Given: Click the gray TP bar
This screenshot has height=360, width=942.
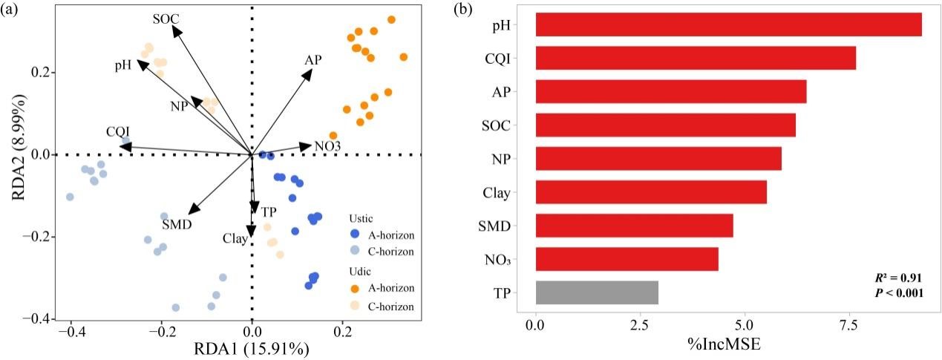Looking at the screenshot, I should pyautogui.click(x=596, y=292).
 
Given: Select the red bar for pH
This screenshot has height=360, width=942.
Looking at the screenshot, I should pyautogui.click(x=727, y=24).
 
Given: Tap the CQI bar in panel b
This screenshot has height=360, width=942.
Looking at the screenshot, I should pyautogui.click(x=695, y=58).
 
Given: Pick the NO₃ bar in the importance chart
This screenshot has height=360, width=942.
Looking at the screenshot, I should pyautogui.click(x=627, y=259).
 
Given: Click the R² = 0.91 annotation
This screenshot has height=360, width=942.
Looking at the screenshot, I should pyautogui.click(x=899, y=278).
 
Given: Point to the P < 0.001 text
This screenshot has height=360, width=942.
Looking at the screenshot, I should pyautogui.click(x=899, y=293).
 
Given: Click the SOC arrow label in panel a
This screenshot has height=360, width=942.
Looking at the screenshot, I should pyautogui.click(x=166, y=18).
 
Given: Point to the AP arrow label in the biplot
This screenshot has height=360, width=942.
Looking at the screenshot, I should pyautogui.click(x=313, y=60).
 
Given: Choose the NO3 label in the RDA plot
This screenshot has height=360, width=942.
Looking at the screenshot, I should pyautogui.click(x=327, y=146).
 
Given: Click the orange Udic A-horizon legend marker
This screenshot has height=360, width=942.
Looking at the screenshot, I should pyautogui.click(x=355, y=287).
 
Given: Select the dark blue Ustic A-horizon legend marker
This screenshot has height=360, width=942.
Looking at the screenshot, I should pyautogui.click(x=355, y=234).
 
